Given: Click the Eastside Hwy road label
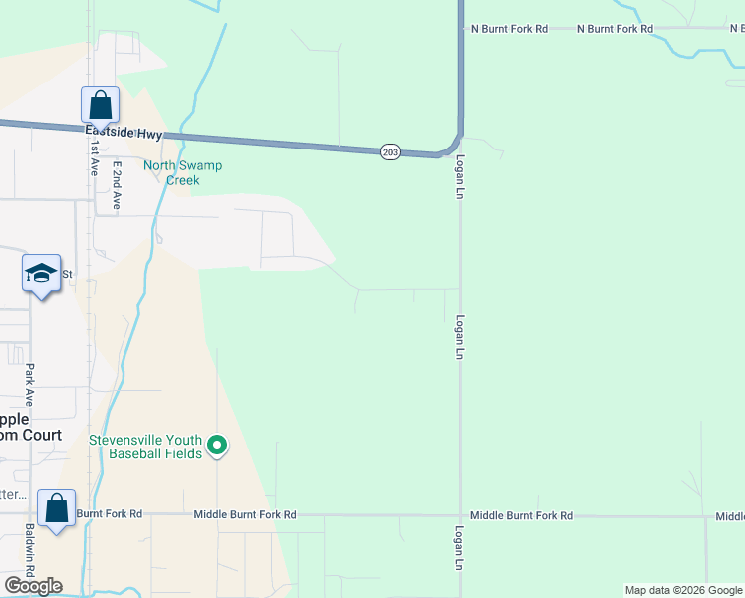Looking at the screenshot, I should (x=123, y=130).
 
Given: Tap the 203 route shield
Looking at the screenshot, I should (x=390, y=151).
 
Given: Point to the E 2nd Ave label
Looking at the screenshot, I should (x=116, y=185).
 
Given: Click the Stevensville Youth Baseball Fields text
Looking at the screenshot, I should (x=145, y=447).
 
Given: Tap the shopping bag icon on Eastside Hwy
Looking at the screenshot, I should (x=100, y=105).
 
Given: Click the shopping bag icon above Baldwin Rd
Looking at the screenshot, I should (x=56, y=508).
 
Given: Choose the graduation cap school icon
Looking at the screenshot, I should (x=41, y=273).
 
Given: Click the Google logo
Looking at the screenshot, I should (x=33, y=586).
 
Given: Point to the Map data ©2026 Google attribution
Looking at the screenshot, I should (x=683, y=590).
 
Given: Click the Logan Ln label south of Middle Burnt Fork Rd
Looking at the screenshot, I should (x=459, y=548).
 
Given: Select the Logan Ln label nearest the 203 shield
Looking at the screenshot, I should (x=460, y=179).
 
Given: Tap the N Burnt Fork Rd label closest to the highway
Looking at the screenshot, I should (x=508, y=29).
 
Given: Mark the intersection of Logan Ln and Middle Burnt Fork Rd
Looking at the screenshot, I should (x=460, y=515).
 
